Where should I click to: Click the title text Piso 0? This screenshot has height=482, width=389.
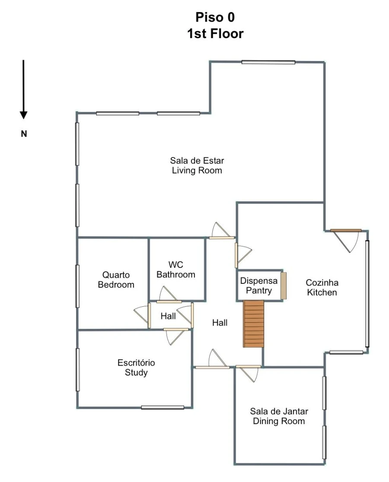(215, 17)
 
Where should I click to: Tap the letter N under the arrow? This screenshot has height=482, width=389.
(24, 134)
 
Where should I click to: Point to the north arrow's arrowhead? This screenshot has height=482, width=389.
(24, 115)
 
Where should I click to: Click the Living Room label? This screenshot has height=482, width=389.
(197, 165)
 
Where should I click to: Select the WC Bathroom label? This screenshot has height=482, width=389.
(176, 270)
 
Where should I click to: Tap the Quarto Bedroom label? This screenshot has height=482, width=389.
(116, 280)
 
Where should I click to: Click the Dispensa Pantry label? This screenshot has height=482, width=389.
(259, 286)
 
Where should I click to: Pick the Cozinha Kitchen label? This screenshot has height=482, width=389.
(322, 287)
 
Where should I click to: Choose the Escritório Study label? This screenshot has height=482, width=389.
(136, 367)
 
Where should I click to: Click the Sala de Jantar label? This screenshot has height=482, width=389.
(279, 411)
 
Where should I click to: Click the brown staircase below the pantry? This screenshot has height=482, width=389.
(254, 324)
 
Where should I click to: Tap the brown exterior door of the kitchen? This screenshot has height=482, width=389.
(346, 230)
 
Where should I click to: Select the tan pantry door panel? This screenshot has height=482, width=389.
(284, 286)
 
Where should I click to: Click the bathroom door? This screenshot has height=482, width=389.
(169, 302)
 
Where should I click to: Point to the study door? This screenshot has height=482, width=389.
(176, 330)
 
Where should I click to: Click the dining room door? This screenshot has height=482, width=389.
(249, 366)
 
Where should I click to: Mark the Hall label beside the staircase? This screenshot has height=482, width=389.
(220, 322)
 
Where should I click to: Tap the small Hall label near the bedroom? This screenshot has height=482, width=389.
(168, 316)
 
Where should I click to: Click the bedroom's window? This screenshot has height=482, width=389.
(78, 286)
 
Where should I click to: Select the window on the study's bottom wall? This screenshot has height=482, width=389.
(163, 408)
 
